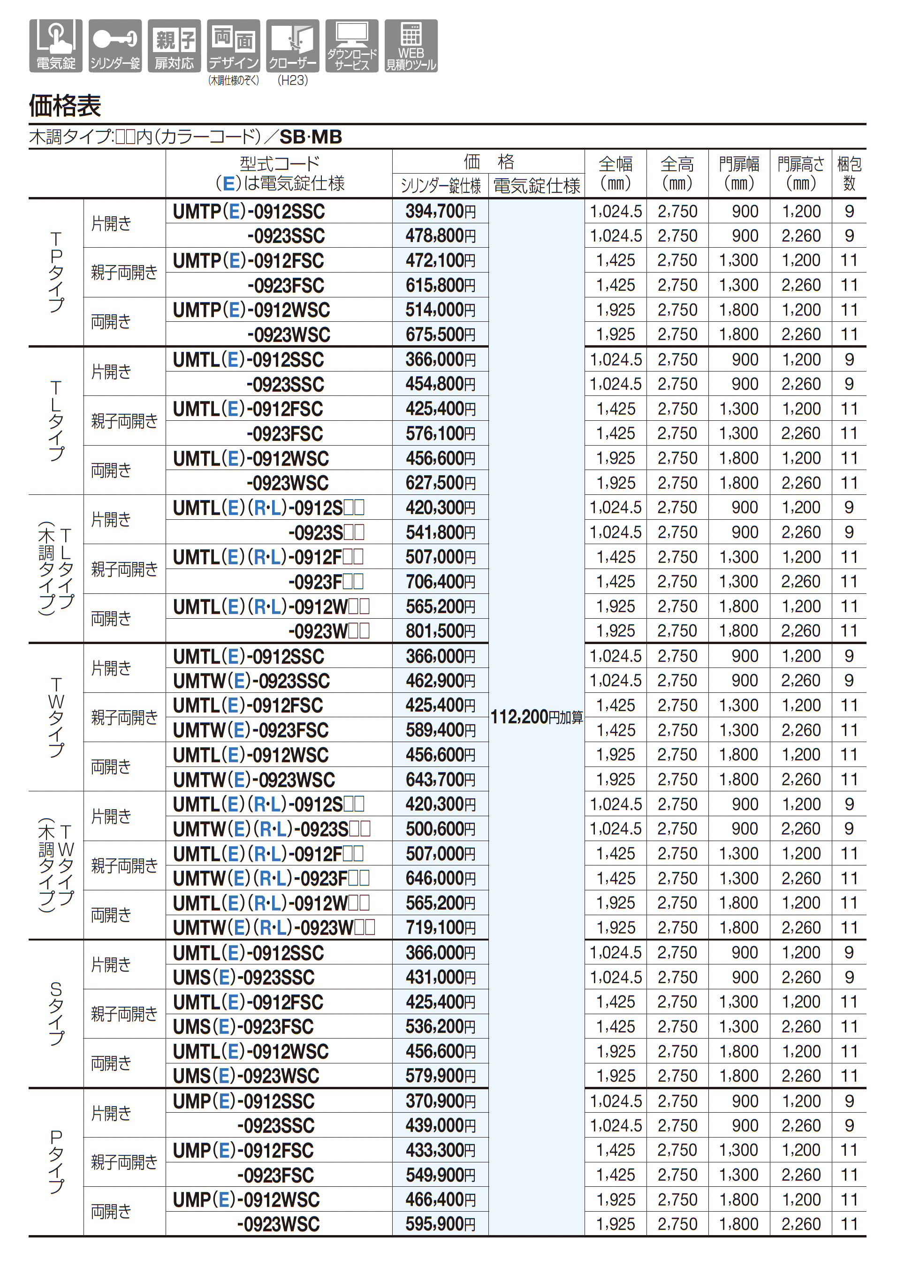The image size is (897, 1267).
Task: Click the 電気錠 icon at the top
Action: click(x=56, y=46)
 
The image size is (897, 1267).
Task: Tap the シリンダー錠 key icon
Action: click(x=115, y=46)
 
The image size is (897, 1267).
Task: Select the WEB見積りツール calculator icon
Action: click(x=411, y=46)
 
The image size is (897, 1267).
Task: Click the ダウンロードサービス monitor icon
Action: click(x=352, y=46)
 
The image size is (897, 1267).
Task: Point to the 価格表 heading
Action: click(x=65, y=106)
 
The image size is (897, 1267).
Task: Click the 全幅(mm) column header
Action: click(x=616, y=173)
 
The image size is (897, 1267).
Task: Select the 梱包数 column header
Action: click(x=849, y=173)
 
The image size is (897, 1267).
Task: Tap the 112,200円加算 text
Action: click(x=536, y=717)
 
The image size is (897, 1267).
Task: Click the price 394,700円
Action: click(x=440, y=211)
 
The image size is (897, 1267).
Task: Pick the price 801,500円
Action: click(x=440, y=631)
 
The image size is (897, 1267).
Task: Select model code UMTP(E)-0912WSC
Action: click(x=251, y=310)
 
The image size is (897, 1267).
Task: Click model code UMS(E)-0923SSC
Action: click(x=243, y=978)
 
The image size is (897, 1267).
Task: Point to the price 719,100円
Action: click(x=440, y=927)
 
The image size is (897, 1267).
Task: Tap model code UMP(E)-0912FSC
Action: click(x=243, y=1151)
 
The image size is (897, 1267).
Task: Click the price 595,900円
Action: click(x=440, y=1224)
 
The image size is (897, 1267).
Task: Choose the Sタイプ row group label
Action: click(x=56, y=1014)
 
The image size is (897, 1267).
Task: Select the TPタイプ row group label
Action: click(x=56, y=272)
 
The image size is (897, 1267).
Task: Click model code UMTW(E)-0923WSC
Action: click(x=254, y=780)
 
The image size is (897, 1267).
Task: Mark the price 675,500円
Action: click(x=440, y=335)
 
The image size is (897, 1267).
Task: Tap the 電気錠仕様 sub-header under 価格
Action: click(x=536, y=186)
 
